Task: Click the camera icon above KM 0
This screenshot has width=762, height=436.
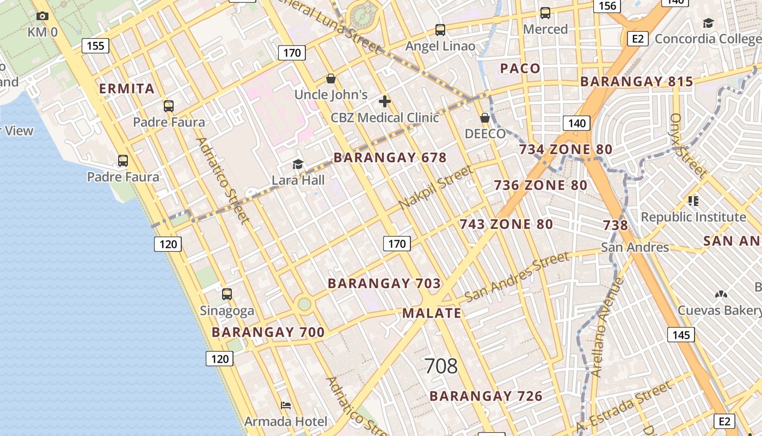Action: (x=42, y=16)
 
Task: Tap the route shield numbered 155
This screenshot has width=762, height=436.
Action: (x=95, y=46)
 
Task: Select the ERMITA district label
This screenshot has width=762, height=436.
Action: (x=127, y=89)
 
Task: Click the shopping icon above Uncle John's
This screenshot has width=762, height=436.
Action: (x=330, y=79)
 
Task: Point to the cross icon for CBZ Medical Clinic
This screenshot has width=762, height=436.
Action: (x=385, y=101)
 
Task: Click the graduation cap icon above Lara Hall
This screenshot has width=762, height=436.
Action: (x=298, y=164)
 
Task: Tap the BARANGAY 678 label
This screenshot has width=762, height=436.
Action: (x=390, y=158)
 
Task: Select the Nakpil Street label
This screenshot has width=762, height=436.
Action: (x=435, y=187)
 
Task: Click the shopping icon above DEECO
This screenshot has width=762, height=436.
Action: (x=485, y=118)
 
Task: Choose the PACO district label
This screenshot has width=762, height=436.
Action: (x=520, y=69)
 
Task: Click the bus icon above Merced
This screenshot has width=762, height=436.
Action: (x=545, y=13)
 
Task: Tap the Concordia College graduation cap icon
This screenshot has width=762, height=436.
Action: (x=708, y=23)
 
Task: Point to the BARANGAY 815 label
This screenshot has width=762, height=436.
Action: (x=636, y=82)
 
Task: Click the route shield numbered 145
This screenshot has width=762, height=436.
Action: (x=681, y=335)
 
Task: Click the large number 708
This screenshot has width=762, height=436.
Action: (x=441, y=366)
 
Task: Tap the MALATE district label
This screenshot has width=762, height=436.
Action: (x=432, y=313)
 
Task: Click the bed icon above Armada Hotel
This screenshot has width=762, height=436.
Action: (x=286, y=405)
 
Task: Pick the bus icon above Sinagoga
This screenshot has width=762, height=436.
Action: (x=227, y=294)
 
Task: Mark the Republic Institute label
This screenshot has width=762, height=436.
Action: (x=693, y=217)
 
